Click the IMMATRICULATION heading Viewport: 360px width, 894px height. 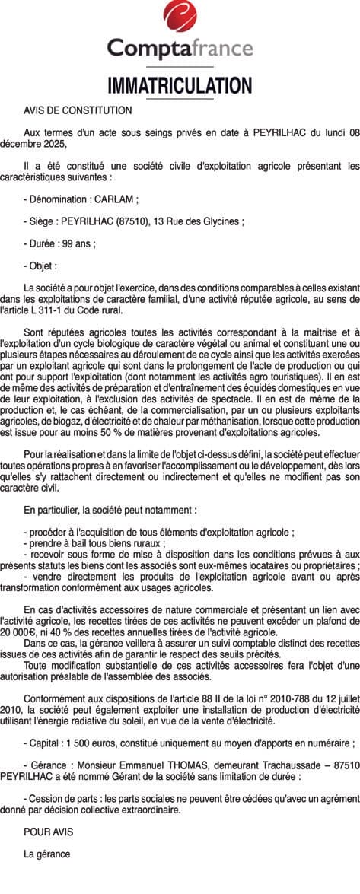coord(180,84)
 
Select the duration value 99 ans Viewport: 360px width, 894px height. coord(78,244)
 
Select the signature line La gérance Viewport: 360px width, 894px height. coord(47,854)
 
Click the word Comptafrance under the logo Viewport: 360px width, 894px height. coord(180,49)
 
